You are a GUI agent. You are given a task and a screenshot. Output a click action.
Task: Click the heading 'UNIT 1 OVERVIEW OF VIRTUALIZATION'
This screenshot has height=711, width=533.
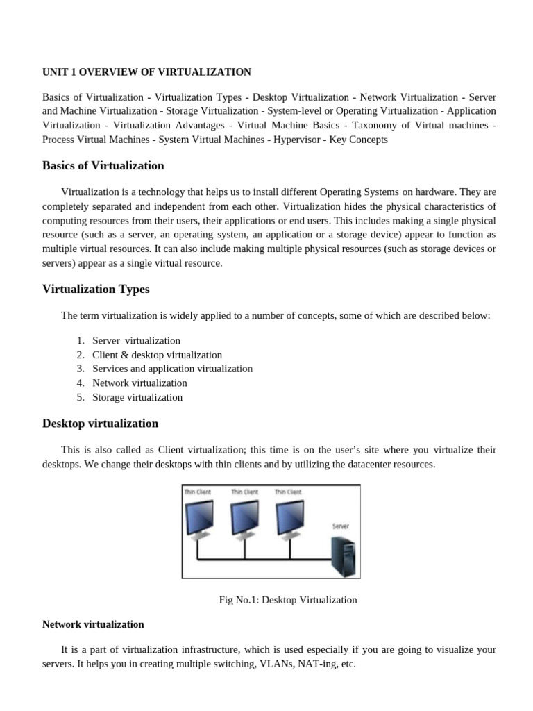[x=146, y=72]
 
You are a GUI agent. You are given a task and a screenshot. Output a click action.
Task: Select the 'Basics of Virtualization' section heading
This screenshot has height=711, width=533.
[x=103, y=166]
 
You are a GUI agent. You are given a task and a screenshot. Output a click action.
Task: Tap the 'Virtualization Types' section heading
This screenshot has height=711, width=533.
[x=96, y=289]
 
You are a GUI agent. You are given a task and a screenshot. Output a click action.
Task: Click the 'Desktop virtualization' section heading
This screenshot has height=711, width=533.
[x=100, y=424]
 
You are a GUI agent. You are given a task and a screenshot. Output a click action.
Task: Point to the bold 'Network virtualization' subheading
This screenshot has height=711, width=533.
[x=93, y=624]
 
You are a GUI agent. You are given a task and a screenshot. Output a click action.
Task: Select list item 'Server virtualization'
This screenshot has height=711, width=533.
[x=136, y=341]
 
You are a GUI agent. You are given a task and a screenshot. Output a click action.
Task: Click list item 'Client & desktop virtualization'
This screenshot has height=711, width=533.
[x=157, y=355]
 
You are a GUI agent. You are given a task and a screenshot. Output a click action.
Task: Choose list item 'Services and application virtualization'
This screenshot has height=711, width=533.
[x=172, y=369]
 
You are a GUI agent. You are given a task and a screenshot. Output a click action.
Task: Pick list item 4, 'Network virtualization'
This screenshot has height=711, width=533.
[x=139, y=383]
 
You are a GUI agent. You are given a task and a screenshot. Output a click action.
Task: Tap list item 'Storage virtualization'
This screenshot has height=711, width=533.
[x=137, y=398]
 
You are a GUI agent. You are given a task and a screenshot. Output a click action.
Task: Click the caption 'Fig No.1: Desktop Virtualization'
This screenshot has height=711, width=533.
[x=288, y=600]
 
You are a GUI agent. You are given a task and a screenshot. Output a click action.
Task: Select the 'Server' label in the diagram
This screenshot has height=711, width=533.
[x=340, y=526]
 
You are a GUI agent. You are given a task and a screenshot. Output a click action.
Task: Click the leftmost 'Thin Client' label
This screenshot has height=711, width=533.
[x=197, y=492]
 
